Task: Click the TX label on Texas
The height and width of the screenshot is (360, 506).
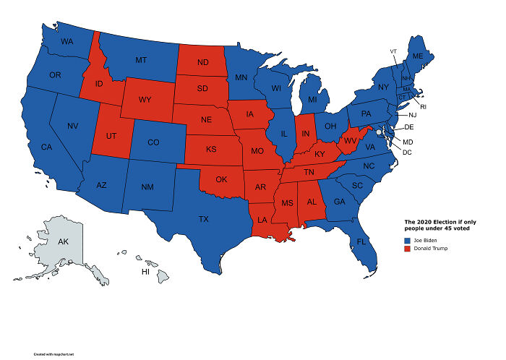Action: coord(204,218)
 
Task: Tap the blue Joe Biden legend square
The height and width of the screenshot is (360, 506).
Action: coord(407,239)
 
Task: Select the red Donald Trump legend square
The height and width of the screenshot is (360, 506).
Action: coord(407,249)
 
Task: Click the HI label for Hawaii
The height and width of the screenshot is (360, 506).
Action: coord(145,273)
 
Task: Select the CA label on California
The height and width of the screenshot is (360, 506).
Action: coord(46,147)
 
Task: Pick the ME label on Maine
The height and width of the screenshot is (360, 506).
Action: coord(418,56)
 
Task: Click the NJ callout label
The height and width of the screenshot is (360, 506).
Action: coord(412,115)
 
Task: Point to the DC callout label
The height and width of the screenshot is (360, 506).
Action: coord(407,152)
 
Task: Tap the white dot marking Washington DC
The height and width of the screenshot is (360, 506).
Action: coord(379,132)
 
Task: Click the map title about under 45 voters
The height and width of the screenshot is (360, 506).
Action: coord(441,224)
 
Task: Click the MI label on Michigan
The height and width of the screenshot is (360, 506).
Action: coord(312,99)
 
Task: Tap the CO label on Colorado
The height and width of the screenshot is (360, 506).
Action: coord(153,142)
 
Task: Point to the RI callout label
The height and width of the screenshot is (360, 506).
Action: coord(423,106)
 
